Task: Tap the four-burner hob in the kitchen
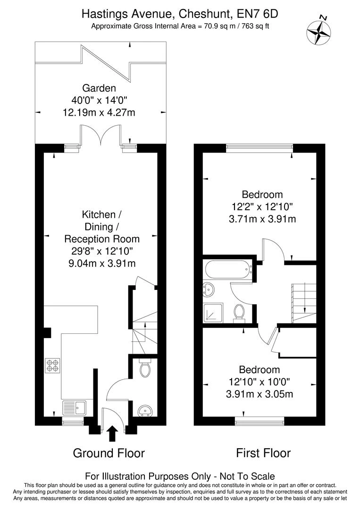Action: (53, 365)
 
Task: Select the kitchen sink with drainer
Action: (75, 408)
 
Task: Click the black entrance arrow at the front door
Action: (112, 433)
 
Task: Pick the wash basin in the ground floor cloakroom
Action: (145, 410)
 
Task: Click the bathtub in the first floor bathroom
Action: (228, 270)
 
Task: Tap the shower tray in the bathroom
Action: (213, 313)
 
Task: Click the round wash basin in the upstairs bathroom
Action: (209, 289)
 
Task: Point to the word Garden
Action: (99, 88)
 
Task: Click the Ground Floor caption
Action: (109, 453)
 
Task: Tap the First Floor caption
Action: (263, 453)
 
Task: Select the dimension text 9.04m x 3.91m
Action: (102, 263)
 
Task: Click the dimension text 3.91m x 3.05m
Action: (260, 394)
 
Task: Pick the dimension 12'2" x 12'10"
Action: (262, 206)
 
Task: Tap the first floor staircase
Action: (304, 303)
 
